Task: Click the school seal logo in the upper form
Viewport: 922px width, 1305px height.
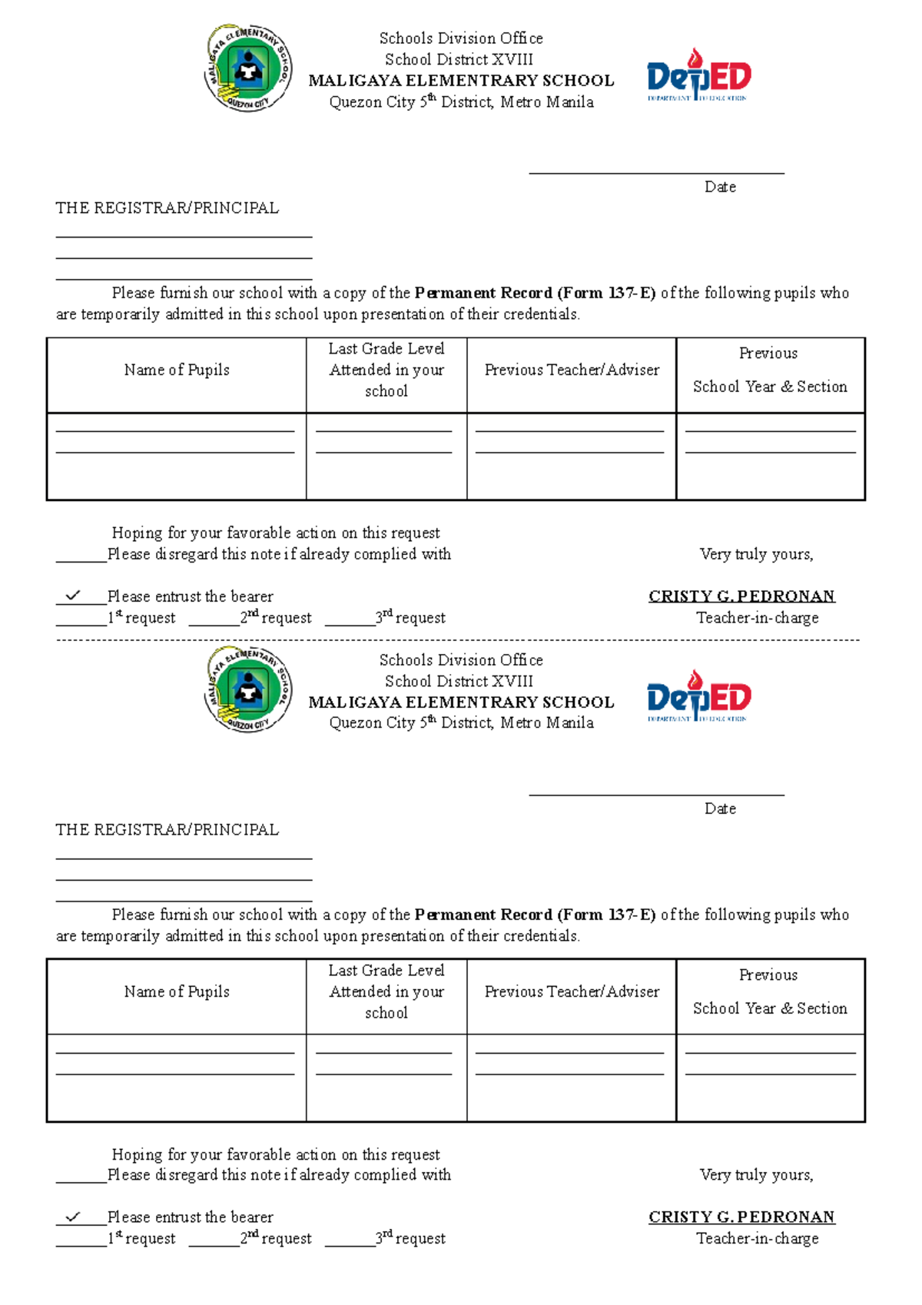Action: click(x=247, y=68)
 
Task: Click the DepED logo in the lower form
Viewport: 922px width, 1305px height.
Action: click(x=698, y=696)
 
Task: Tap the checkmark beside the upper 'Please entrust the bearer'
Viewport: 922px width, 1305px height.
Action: click(x=73, y=596)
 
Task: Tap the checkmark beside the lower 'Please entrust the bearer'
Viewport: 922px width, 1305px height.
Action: click(x=73, y=1217)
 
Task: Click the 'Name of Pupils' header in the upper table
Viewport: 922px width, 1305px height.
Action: click(x=177, y=370)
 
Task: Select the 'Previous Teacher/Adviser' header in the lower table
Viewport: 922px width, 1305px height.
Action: click(x=572, y=991)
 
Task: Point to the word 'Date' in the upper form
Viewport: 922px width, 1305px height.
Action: click(x=720, y=187)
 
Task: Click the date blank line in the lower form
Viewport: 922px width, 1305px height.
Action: click(x=656, y=794)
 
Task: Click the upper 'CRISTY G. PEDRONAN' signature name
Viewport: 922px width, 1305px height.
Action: click(x=741, y=596)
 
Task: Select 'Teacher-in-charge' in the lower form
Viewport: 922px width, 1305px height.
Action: click(x=757, y=1238)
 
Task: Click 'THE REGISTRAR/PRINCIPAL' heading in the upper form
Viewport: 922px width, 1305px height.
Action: click(x=167, y=208)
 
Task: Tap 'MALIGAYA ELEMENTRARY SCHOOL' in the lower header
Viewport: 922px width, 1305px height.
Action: click(x=461, y=702)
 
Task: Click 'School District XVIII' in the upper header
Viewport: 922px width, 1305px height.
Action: click(x=459, y=59)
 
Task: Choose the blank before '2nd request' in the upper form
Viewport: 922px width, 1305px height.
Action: click(x=214, y=624)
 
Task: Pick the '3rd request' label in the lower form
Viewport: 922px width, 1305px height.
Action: click(x=410, y=1238)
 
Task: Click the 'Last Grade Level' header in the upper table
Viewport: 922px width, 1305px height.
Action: click(x=386, y=349)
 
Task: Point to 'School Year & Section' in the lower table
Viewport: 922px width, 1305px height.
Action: click(x=770, y=1008)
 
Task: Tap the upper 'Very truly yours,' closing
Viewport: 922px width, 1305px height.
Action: click(x=756, y=554)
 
